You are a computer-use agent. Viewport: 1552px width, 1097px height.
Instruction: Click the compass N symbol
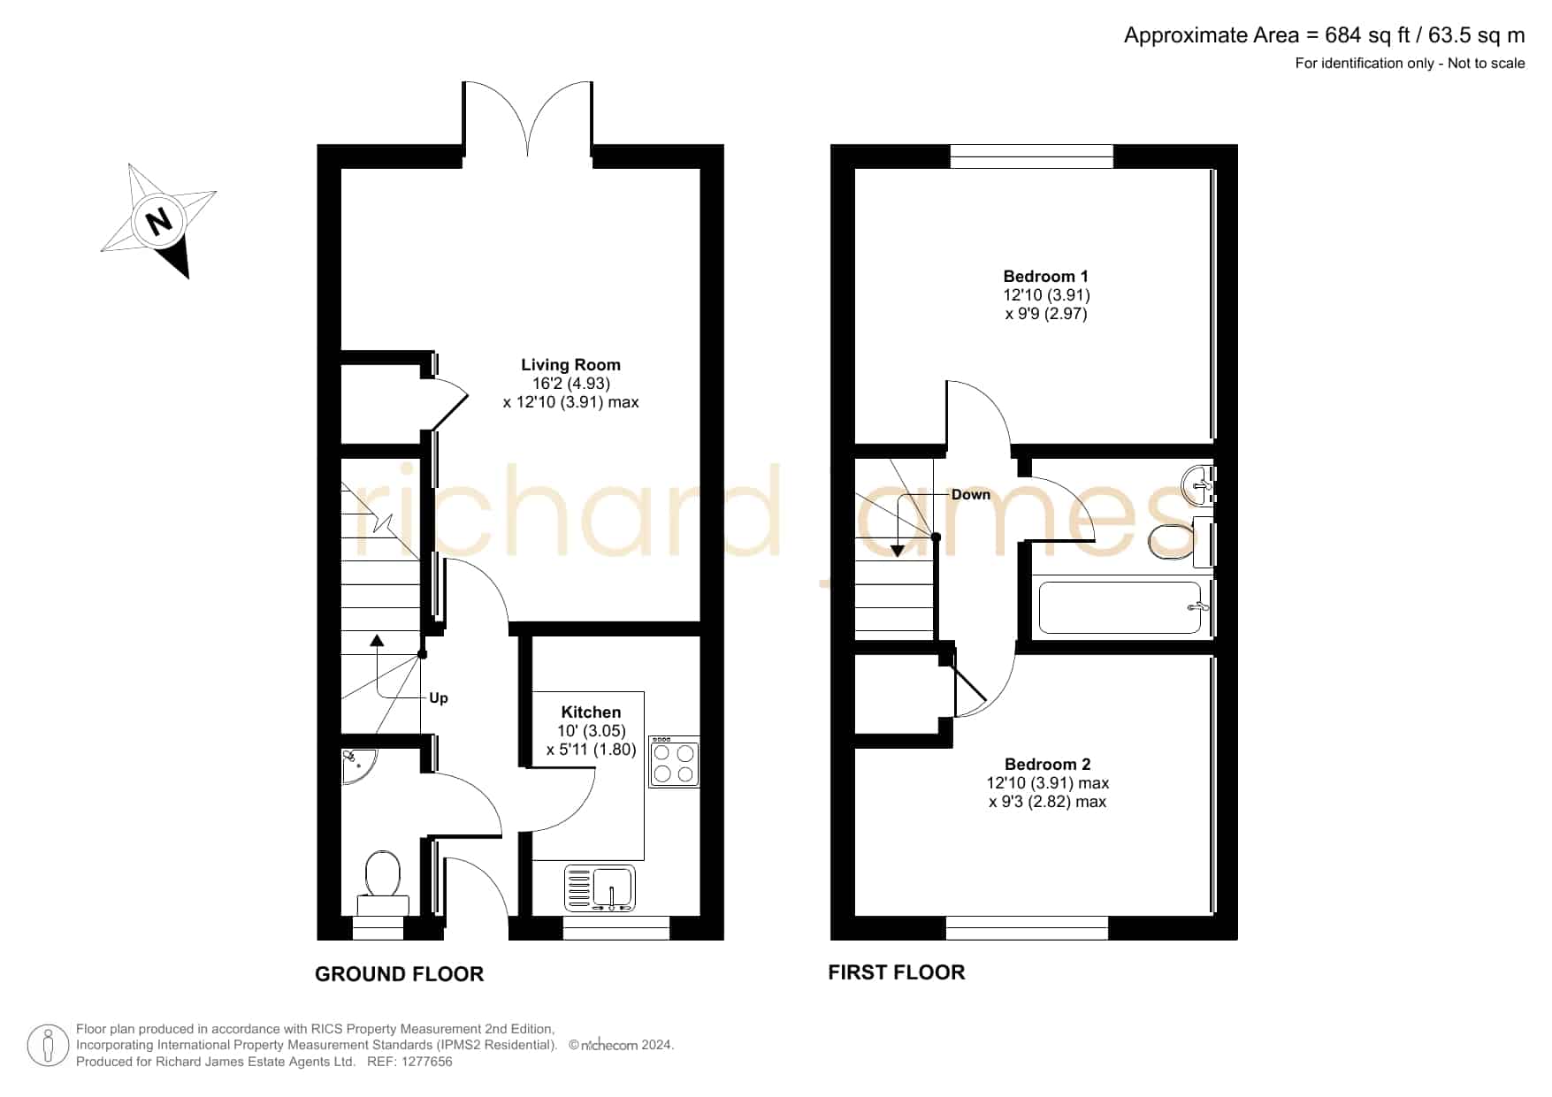point(159,220)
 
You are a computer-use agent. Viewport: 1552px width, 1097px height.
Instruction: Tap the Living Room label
point(570,364)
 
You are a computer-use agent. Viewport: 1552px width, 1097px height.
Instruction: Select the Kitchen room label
point(591,712)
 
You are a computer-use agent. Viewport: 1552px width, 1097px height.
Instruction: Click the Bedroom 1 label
point(1045,276)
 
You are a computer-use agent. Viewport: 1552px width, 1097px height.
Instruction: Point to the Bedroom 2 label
point(1047,764)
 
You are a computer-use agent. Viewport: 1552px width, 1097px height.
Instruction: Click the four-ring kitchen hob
point(674,761)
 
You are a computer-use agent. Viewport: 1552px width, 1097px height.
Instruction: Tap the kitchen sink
point(600,888)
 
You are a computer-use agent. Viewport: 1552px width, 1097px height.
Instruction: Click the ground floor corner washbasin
point(358,766)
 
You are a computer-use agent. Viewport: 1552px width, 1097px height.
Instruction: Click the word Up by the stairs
point(439,698)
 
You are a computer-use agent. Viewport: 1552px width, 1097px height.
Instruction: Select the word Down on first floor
point(971,494)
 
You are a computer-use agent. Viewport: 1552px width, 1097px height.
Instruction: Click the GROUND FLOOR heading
point(400,974)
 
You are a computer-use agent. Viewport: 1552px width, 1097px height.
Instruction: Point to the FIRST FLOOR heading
point(897,972)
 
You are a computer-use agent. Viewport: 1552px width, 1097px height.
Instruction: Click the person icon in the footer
point(48,1046)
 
